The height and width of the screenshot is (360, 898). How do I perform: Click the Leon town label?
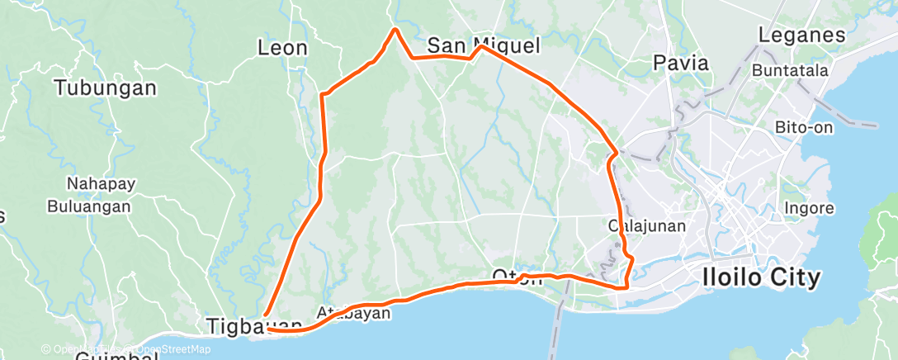click(x=282, y=48)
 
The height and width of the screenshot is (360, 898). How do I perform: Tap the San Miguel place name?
click(x=483, y=45)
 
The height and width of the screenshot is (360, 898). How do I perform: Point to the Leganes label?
click(x=801, y=36)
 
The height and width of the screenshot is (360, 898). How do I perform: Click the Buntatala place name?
click(x=790, y=70)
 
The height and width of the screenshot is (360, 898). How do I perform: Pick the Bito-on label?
click(x=805, y=128)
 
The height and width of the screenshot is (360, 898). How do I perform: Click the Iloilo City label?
click(x=761, y=277)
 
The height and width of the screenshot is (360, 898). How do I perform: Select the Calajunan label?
click(x=646, y=225)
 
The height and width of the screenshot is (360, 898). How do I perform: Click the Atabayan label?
click(x=353, y=313)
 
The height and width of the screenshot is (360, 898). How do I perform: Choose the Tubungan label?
click(x=105, y=88)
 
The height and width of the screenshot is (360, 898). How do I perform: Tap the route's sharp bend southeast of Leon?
click(x=322, y=96)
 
